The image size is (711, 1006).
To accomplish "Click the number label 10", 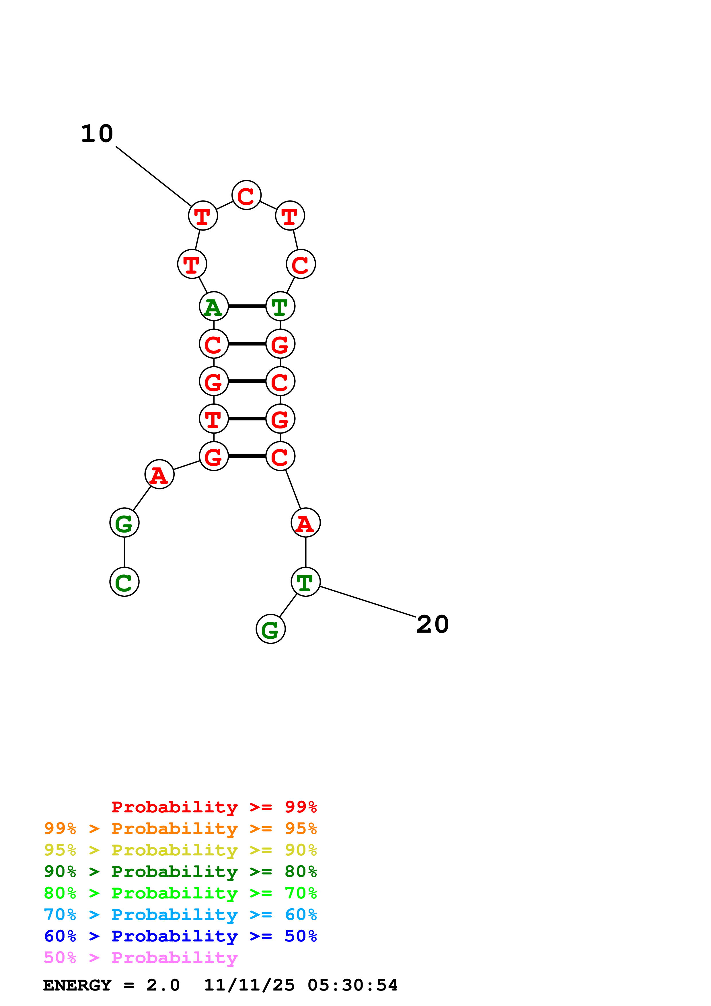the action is coord(97,134).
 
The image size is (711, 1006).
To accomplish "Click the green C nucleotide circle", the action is coord(124,582).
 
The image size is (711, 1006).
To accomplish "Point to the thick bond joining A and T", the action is coord(247,306).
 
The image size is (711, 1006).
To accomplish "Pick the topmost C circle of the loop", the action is coord(247,195).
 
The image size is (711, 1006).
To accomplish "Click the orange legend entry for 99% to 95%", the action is coord(180,828).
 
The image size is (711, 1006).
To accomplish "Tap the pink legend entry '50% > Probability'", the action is coord(141,958).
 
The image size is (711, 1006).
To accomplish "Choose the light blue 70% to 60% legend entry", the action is coord(180,915).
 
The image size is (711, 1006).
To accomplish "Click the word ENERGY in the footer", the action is coord(77,985).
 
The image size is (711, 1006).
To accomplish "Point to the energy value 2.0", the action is coord(163,985).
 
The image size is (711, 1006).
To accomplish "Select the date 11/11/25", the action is coord(249,985).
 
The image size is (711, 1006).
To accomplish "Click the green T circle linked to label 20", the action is coord(306,582).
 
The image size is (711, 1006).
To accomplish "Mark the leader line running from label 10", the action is coord(153,176).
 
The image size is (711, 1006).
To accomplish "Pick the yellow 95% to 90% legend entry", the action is coord(180,850).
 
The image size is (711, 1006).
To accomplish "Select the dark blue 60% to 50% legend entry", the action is coord(180,936).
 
